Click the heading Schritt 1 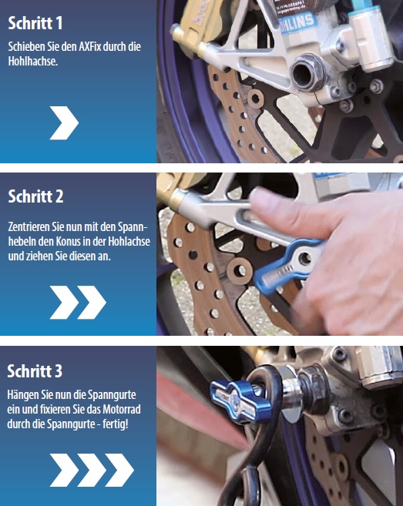click(x=35, y=23)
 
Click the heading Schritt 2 click(x=35, y=196)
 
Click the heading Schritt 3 click(x=35, y=371)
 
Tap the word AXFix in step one click(x=90, y=46)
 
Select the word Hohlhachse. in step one click(x=33, y=62)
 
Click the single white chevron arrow click(x=64, y=123)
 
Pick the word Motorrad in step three click(x=122, y=409)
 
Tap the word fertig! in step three click(x=116, y=424)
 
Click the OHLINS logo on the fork click(x=297, y=22)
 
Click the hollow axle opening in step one click(x=303, y=75)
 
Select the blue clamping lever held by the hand click(x=287, y=266)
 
